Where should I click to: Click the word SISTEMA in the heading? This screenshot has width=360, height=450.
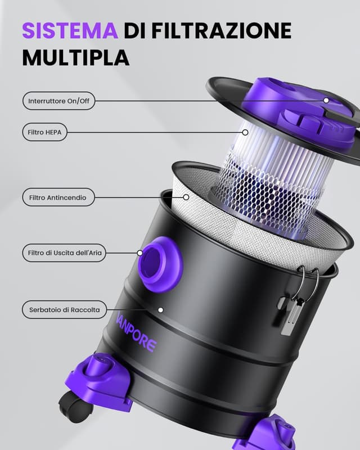click(70, 30)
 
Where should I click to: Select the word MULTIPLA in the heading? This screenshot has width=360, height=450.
click(75, 57)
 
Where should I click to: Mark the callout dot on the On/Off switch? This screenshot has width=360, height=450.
click(326, 101)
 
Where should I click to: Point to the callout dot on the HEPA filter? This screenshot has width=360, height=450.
click(245, 133)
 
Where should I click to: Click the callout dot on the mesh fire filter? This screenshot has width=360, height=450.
click(186, 197)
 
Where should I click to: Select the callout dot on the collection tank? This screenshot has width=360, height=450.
click(160, 309)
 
